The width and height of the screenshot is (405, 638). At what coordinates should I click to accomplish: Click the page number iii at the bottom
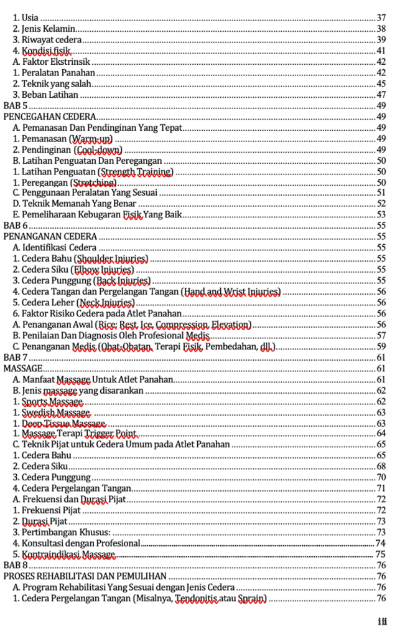382,621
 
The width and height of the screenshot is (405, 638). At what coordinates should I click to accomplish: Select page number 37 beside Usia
381,16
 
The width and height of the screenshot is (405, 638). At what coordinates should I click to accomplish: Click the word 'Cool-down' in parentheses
98,150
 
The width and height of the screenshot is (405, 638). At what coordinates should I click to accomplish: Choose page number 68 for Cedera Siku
381,466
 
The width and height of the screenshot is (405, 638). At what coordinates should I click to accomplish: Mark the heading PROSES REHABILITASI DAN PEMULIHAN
85,576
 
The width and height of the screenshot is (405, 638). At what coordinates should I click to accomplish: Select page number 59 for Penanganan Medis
381,346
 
